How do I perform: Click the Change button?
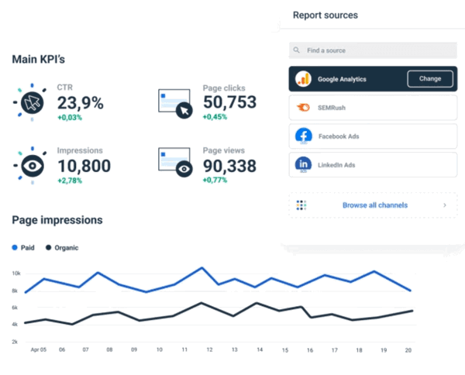pyautogui.click(x=430, y=78)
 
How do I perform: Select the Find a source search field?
pyautogui.click(x=372, y=50)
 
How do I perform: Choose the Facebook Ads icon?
pyautogui.click(x=303, y=136)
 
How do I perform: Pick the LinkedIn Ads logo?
pyautogui.click(x=303, y=165)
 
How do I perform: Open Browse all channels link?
pyautogui.click(x=375, y=205)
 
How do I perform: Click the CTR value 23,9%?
pyautogui.click(x=80, y=102)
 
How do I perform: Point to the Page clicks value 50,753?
pyautogui.click(x=229, y=102)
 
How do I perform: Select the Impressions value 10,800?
pyautogui.click(x=84, y=165)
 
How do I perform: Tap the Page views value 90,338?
pyautogui.click(x=229, y=165)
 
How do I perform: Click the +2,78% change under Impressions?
pyautogui.click(x=70, y=180)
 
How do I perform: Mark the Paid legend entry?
pyautogui.click(x=24, y=248)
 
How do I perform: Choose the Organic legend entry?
pyautogui.click(x=61, y=248)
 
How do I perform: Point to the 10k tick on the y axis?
pyautogui.click(x=15, y=274)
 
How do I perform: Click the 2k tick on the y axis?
pyautogui.click(x=15, y=342)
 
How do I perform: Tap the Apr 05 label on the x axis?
pyautogui.click(x=39, y=350)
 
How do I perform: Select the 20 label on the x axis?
pyautogui.click(x=408, y=350)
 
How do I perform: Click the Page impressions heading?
pyautogui.click(x=57, y=220)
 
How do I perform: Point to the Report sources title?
pyautogui.click(x=325, y=15)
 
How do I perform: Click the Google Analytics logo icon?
pyautogui.click(x=303, y=78)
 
